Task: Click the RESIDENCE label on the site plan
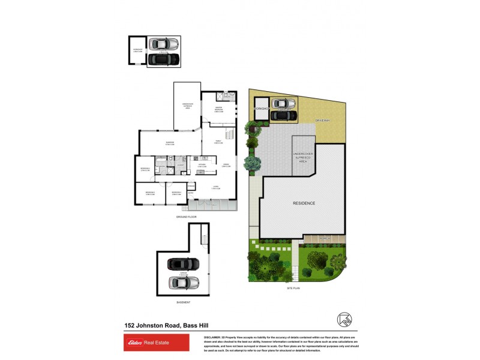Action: (304, 203)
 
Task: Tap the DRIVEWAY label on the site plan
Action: (323, 121)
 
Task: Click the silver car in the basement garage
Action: (183, 282)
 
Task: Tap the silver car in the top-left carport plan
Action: (163, 44)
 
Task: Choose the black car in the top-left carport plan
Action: (163, 59)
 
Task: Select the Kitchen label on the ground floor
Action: (202, 166)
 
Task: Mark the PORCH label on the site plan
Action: (324, 238)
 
